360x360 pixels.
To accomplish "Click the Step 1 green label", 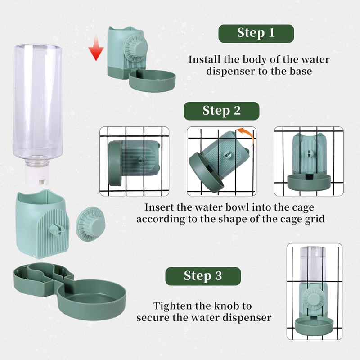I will click(x=256, y=33).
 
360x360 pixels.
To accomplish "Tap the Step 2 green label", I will click(x=221, y=111).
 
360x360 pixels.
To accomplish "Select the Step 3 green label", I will click(x=203, y=276).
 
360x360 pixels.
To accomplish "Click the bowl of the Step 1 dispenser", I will click(x=152, y=81).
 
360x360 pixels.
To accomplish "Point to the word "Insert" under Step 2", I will click(x=157, y=207).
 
